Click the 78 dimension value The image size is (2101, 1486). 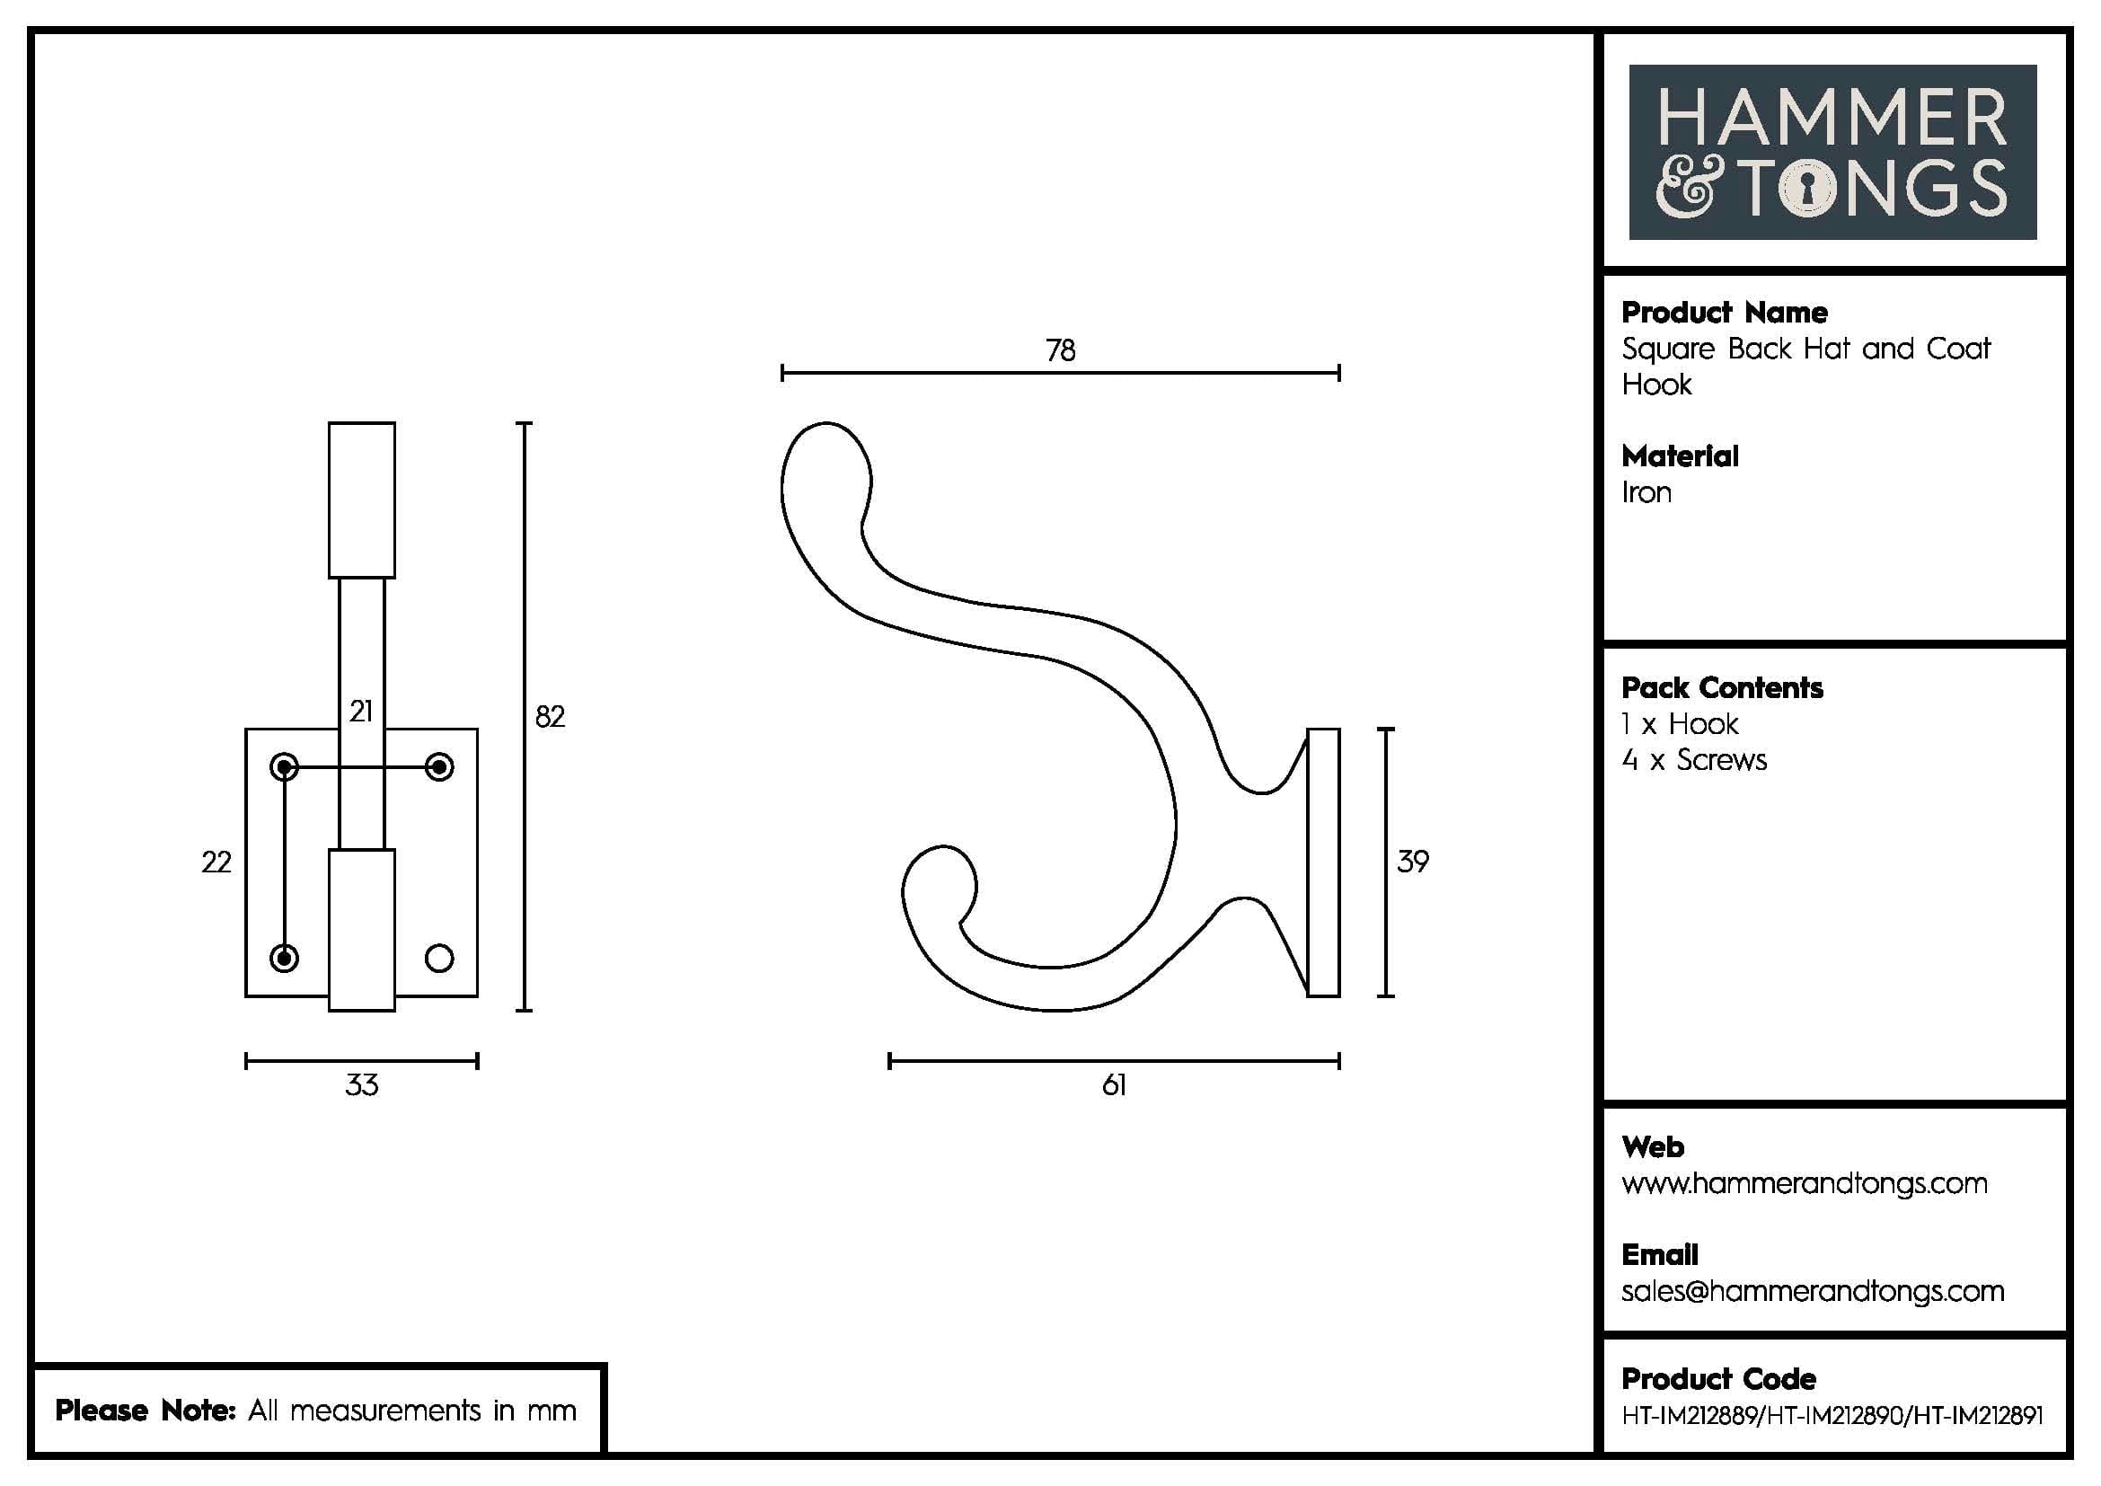pos(1061,350)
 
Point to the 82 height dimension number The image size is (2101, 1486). pos(550,716)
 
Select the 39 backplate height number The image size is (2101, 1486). pos(1412,861)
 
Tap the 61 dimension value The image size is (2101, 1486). pos(1114,1085)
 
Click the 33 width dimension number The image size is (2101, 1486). pos(361,1085)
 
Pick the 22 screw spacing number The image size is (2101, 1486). pos(216,862)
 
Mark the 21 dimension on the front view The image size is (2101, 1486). pos(361,711)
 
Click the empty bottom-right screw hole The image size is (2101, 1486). pos(439,958)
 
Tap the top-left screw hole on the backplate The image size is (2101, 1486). pos(285,766)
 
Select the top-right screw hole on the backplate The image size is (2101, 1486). pos(439,766)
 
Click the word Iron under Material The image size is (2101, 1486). pos(1646,493)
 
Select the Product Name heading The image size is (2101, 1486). pos(1724,313)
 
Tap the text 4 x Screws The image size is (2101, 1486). pos(1694,760)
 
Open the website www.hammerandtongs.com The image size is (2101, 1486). pos(1804,1184)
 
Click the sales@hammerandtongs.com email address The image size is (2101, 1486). pos(1812,1292)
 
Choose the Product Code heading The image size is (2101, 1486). pos(1717,1379)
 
